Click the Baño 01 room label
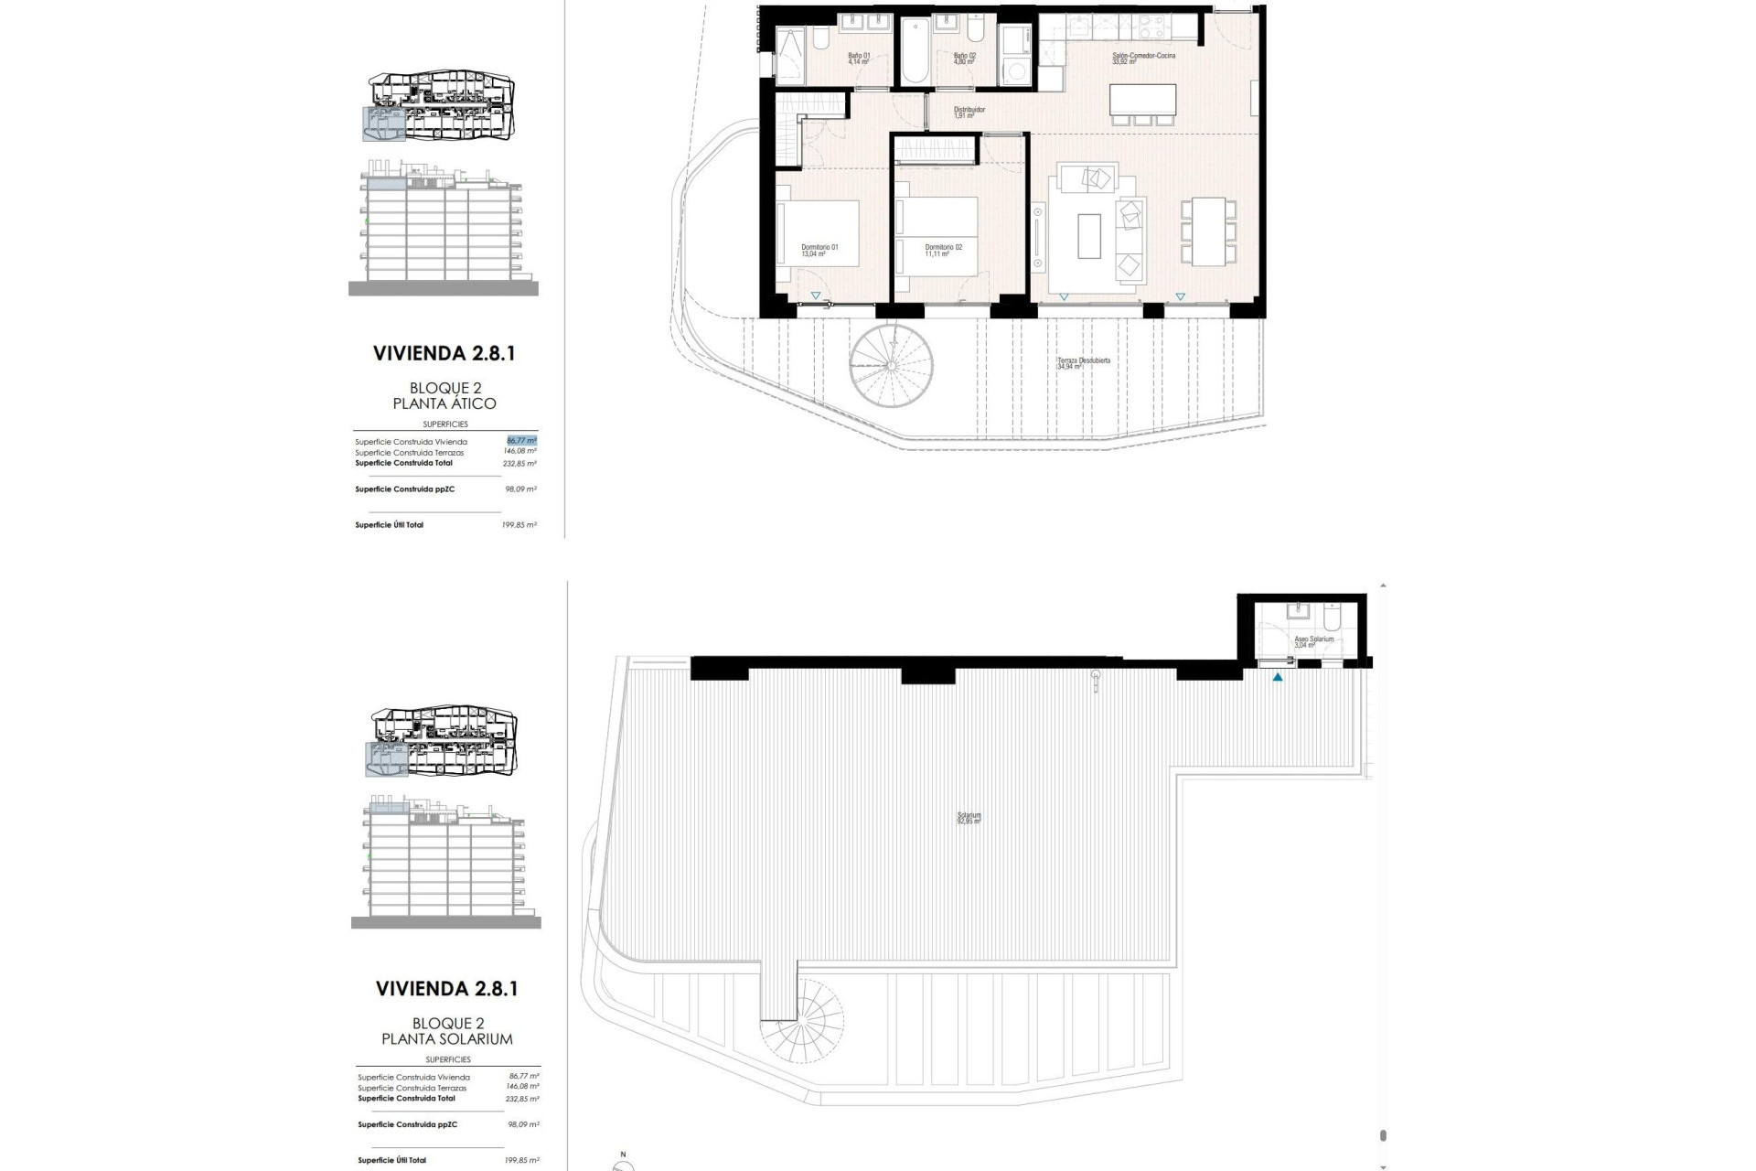pos(858,59)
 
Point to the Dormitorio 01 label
pos(819,251)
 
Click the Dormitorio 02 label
pos(943,251)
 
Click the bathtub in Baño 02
pos(915,51)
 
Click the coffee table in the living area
pos(1088,236)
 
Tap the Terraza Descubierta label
pos(1083,363)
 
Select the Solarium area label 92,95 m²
pos(969,818)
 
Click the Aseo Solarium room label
pos(1313,641)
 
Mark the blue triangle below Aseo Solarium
pos(1278,678)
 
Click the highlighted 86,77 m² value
pos(521,440)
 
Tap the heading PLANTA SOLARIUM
pos(447,1039)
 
